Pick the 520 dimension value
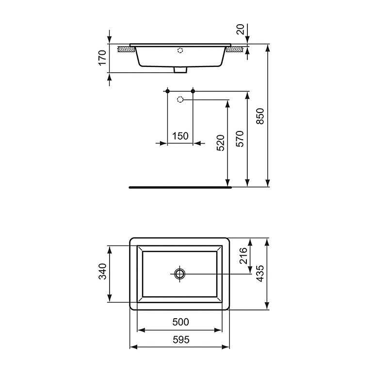pos(220,143)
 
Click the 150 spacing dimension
pos(180,136)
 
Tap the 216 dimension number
pos(243,256)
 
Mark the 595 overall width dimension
pos(180,340)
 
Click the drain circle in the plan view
pos(180,274)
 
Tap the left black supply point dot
pos(167,91)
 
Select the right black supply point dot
pos(193,91)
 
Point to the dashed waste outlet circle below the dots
pos(180,100)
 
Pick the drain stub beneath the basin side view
pos(180,70)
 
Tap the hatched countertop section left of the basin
pos(127,49)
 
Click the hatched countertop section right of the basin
pos(236,49)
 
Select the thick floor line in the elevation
pos(180,186)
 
